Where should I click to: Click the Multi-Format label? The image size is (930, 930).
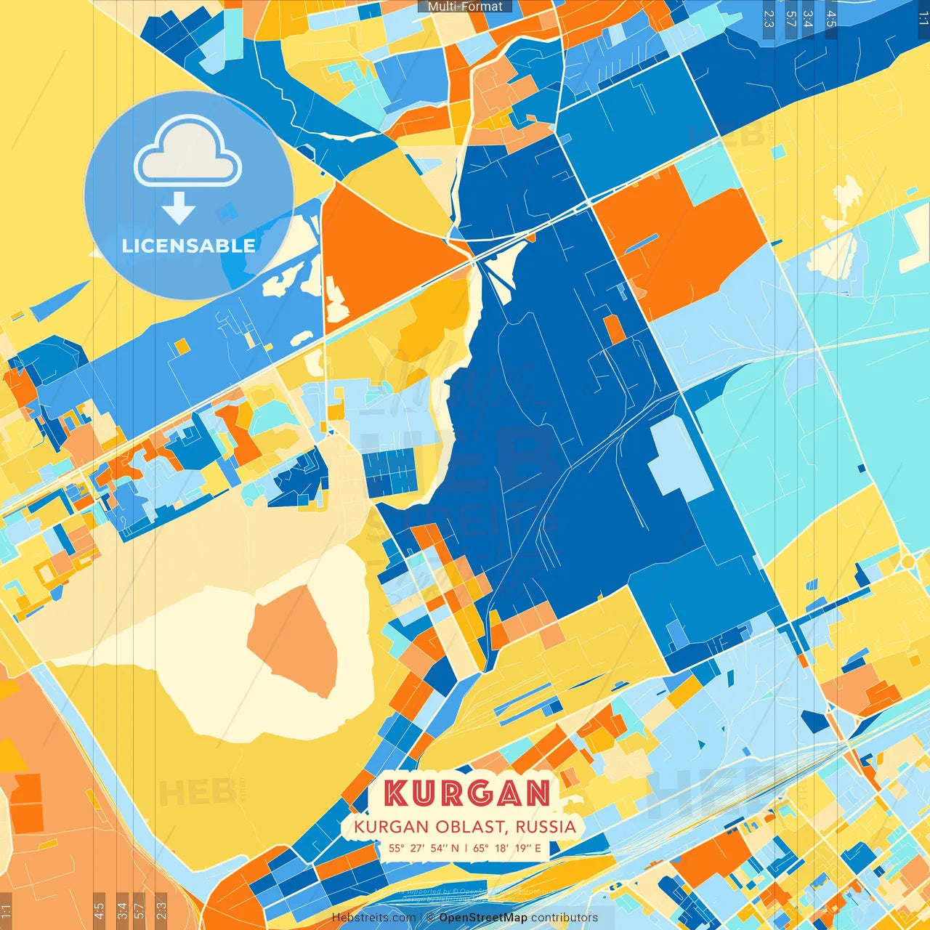(x=465, y=7)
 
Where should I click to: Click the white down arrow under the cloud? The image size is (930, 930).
(x=179, y=209)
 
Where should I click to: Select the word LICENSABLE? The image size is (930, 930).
(x=188, y=246)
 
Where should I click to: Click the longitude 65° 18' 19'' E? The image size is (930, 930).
(x=507, y=848)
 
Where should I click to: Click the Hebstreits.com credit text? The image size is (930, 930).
(x=373, y=918)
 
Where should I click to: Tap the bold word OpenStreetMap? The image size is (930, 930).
(x=483, y=918)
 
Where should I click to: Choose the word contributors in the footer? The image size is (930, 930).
(x=565, y=918)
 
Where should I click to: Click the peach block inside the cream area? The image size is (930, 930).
(x=294, y=639)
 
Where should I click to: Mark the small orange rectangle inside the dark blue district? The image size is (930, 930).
(x=614, y=329)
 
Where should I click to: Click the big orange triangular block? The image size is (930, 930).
(x=378, y=254)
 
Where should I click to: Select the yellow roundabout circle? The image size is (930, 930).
(x=908, y=562)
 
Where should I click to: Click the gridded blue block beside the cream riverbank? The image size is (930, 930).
(x=390, y=472)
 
